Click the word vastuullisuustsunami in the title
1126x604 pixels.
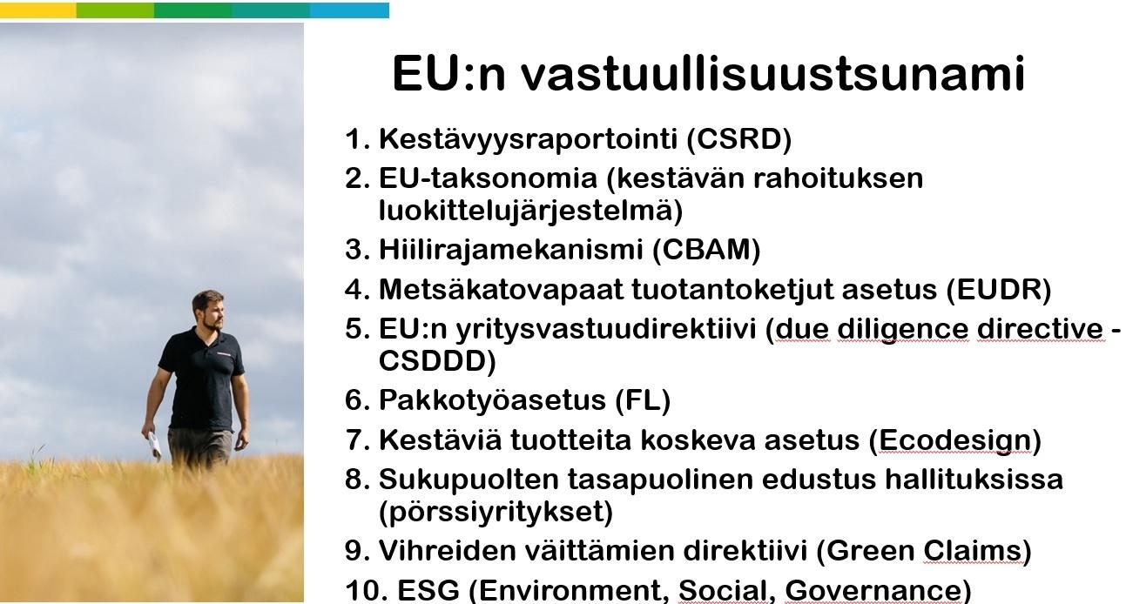[773, 74]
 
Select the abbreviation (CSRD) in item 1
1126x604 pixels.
[739, 139]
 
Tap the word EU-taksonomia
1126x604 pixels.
[488, 178]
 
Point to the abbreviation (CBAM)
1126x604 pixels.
[706, 250]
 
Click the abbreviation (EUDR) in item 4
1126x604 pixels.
[999, 290]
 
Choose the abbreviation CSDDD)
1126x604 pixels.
[437, 361]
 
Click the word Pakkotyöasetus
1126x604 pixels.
[492, 400]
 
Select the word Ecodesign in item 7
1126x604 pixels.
[955, 441]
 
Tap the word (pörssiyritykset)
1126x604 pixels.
[496, 512]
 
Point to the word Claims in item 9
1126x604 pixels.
[972, 551]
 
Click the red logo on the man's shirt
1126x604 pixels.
[226, 353]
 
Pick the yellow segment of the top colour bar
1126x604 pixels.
[38, 10]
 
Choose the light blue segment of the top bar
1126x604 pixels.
[349, 10]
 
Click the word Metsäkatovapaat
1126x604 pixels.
[501, 290]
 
